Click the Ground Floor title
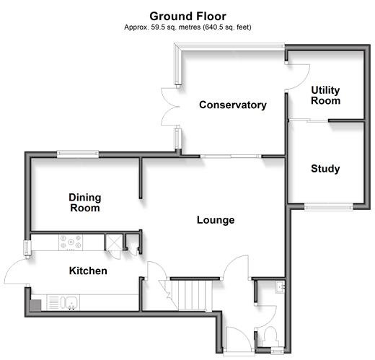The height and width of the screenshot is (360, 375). [187, 17]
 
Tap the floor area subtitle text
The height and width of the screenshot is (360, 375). [187, 27]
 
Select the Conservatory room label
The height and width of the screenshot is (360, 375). [233, 105]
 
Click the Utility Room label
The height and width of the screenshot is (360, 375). [325, 95]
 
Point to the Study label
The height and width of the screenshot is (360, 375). [325, 169]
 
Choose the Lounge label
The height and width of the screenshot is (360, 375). [216, 220]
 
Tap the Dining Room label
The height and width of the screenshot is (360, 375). [85, 203]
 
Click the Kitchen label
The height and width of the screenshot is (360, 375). [88, 271]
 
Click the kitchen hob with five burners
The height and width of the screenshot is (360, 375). [71, 242]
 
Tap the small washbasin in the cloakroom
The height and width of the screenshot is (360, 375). [280, 286]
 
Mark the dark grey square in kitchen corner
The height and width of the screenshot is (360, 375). [35, 305]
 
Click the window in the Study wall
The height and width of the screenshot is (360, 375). [329, 207]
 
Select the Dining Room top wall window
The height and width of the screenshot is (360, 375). [78, 154]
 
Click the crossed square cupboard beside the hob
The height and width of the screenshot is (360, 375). [114, 242]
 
